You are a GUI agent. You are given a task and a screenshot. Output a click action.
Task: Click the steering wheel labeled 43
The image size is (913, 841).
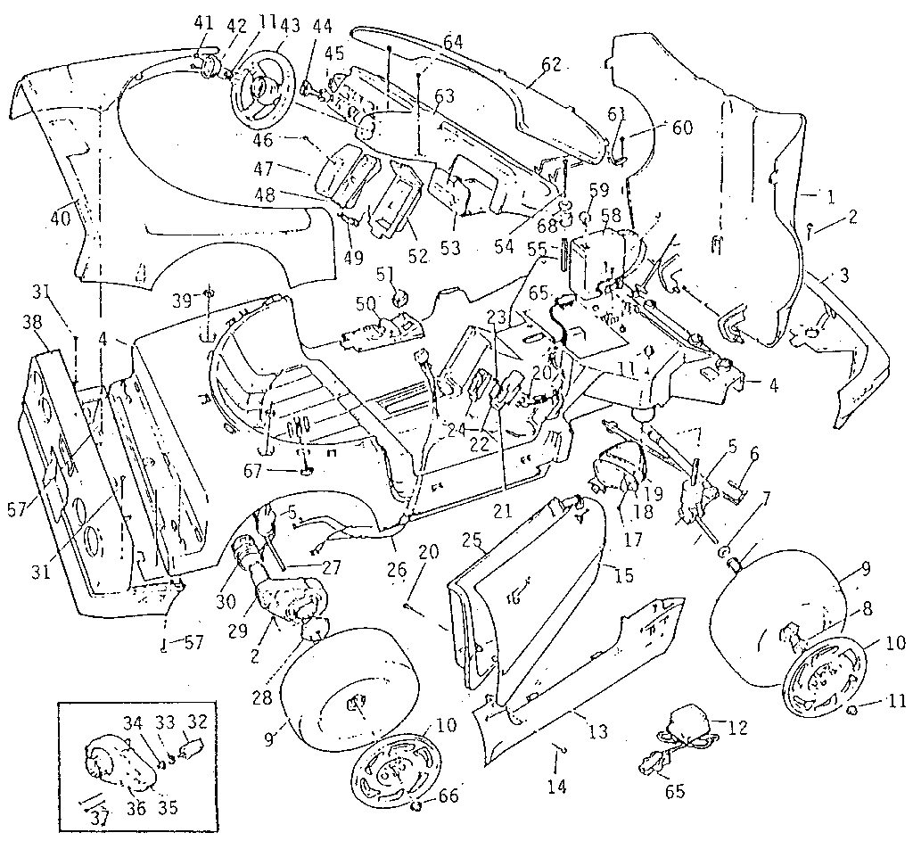click(259, 92)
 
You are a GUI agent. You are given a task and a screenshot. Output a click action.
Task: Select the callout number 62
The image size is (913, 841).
click(552, 64)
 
